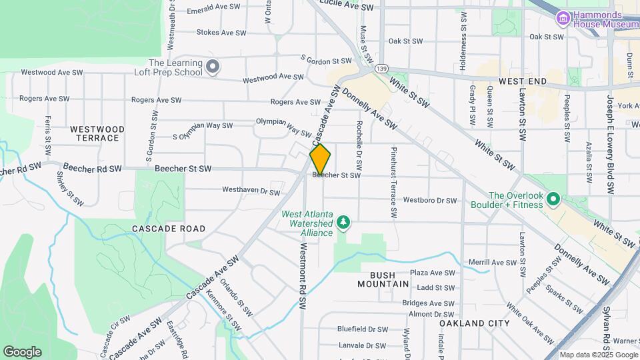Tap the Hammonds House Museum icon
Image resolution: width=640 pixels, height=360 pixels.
(563, 17)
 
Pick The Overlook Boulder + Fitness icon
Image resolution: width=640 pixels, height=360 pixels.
(552, 199)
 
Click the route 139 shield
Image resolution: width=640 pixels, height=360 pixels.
(381, 68)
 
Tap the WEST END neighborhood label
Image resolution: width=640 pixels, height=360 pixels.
(523, 81)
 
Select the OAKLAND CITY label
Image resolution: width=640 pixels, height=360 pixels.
(475, 323)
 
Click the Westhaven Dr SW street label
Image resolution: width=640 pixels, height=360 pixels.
(251, 192)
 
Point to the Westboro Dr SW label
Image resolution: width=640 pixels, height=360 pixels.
(430, 200)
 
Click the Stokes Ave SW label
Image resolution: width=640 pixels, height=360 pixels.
(222, 32)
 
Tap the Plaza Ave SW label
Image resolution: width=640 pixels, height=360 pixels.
(432, 273)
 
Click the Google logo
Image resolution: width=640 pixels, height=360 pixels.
(22, 352)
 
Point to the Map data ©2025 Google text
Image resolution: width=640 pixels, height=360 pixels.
(598, 355)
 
